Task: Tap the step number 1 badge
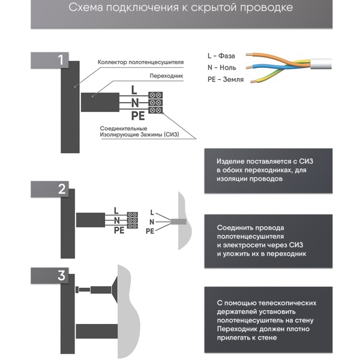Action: tap(60, 59)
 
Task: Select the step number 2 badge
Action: tap(60, 190)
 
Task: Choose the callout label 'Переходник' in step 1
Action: tap(166, 77)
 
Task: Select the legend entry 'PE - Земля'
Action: tap(226, 80)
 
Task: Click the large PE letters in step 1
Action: tap(138, 115)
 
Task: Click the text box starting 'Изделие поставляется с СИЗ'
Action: tap(268, 170)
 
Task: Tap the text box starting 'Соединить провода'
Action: tap(268, 241)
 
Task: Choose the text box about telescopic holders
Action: tap(268, 320)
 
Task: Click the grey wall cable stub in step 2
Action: tap(179, 222)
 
